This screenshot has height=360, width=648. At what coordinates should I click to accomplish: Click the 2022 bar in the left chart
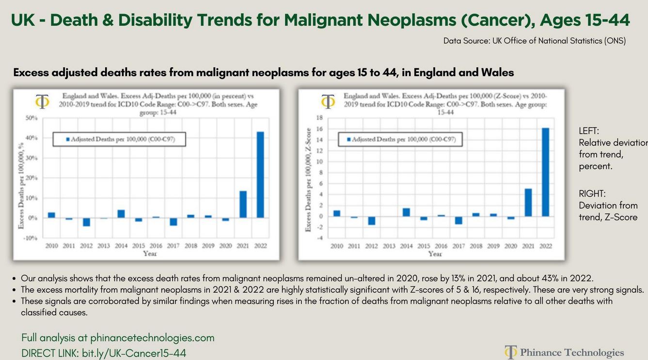click(260, 175)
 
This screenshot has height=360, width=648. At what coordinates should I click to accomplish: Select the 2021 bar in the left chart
click(243, 204)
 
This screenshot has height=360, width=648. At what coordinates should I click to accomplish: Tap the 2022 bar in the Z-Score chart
click(545, 172)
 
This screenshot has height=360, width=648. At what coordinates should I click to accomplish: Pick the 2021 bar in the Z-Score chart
click(528, 203)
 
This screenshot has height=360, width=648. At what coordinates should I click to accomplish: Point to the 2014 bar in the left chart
click(121, 214)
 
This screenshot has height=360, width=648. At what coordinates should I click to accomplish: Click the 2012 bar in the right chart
click(372, 220)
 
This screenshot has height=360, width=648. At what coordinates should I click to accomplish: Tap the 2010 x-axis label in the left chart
click(52, 246)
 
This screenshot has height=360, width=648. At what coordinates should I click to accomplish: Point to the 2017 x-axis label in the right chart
click(458, 246)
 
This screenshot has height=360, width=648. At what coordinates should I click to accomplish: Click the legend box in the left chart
click(120, 140)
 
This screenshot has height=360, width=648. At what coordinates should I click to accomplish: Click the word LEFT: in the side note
click(589, 131)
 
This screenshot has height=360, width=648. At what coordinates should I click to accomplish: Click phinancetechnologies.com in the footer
click(152, 338)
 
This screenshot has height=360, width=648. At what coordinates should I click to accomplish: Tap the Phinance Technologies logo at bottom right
click(564, 352)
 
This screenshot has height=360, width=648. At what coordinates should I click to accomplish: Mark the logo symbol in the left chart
click(43, 102)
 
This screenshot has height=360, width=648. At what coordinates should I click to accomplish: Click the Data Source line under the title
click(535, 41)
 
